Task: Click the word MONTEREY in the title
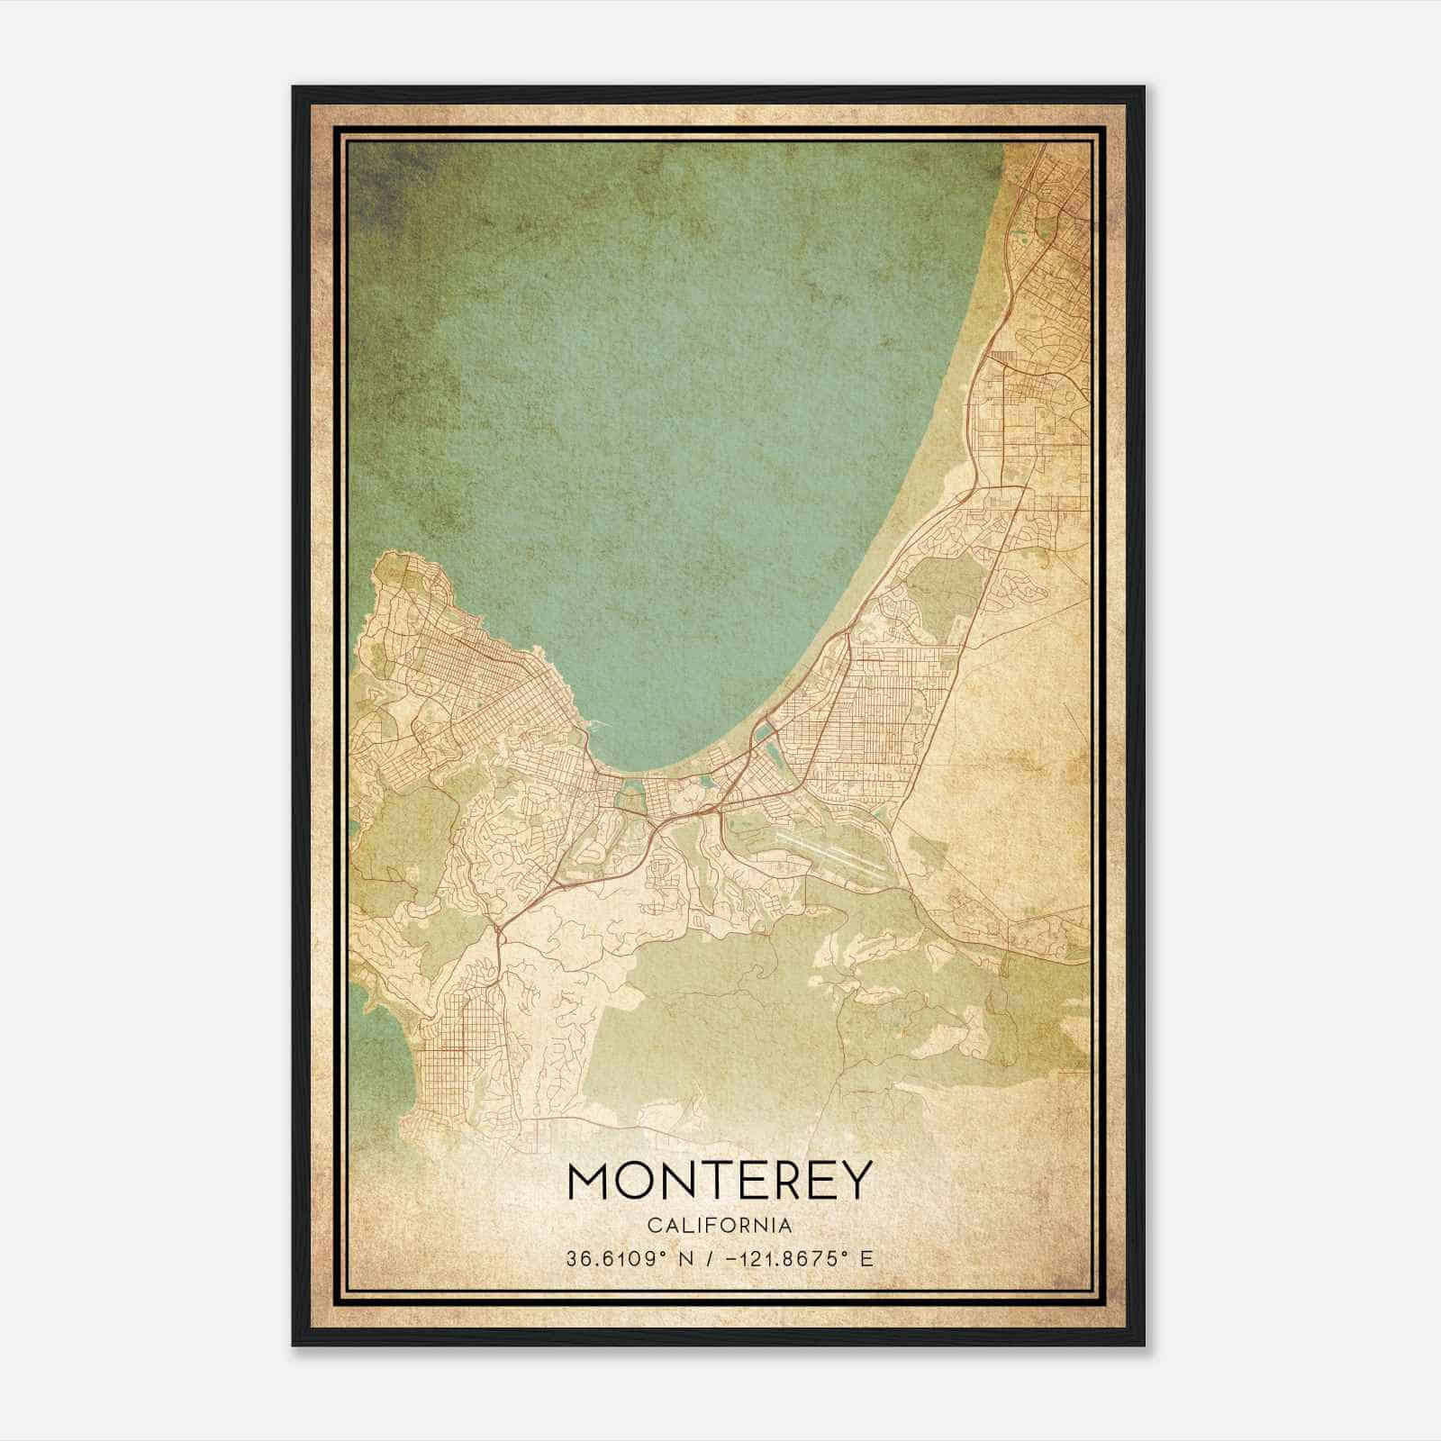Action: pos(720,1181)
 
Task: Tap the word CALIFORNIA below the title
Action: pos(720,1226)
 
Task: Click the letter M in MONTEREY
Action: pos(591,1181)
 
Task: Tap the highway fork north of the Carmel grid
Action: pos(496,937)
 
